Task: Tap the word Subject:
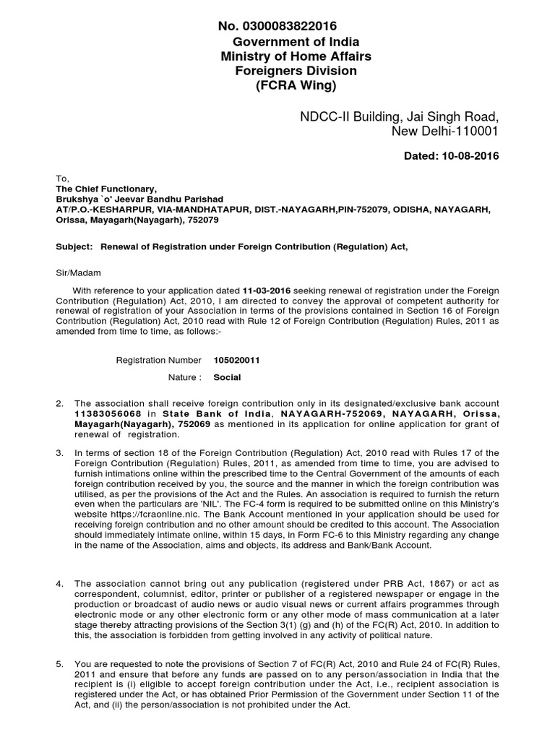[74, 246]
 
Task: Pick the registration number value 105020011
[237, 359]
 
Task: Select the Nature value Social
[228, 377]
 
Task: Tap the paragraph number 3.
[60, 452]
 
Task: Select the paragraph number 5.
[60, 663]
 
